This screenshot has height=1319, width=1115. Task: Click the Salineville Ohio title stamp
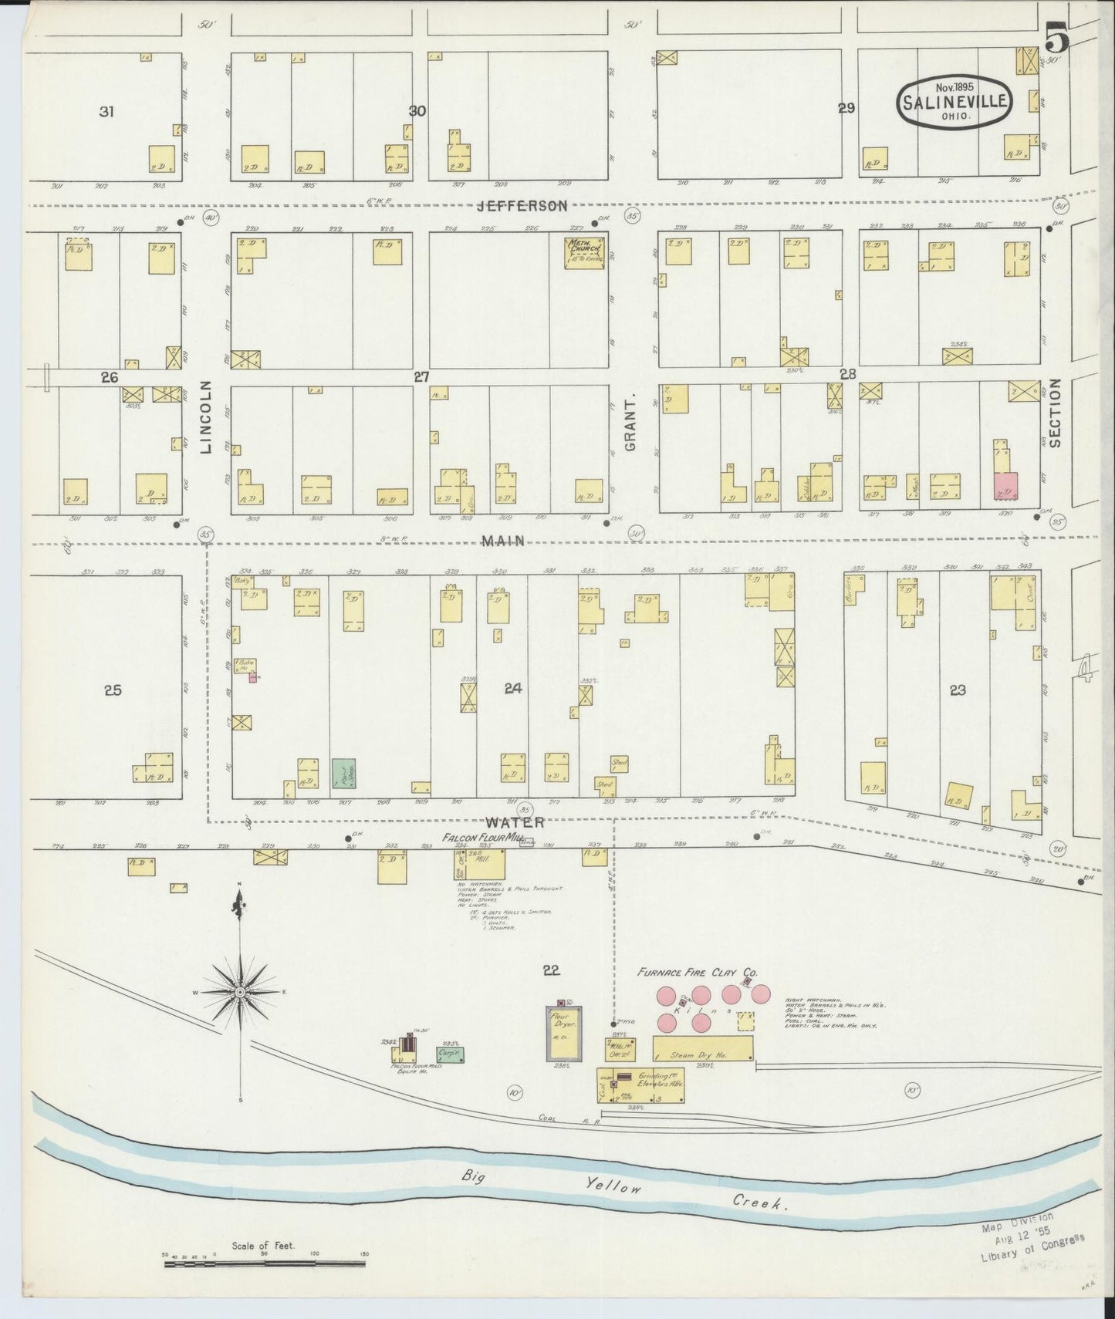click(955, 101)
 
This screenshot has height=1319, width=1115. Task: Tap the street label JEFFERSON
click(522, 206)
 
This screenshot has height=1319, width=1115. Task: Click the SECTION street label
click(1055, 413)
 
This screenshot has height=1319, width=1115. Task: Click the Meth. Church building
click(585, 252)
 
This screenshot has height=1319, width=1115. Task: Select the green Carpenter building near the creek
click(450, 1055)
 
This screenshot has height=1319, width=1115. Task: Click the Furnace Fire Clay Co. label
click(696, 973)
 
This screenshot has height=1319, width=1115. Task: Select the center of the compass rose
click(241, 991)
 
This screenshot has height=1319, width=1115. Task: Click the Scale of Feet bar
click(264, 1263)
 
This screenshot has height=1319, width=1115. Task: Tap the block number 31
click(106, 112)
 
